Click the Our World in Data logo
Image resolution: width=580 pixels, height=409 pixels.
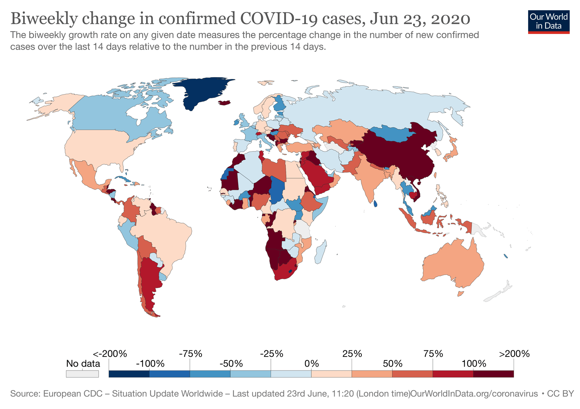548,22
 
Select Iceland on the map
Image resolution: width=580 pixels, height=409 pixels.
225,103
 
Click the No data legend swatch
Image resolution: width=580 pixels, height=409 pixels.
82,373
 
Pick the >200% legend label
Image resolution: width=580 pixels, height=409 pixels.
514,354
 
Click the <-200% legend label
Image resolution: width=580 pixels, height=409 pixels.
110,354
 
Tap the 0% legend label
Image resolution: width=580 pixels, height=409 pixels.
312,363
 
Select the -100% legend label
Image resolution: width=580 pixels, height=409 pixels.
150,363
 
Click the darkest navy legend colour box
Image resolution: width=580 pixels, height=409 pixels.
129,374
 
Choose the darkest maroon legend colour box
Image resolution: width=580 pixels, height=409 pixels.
493,374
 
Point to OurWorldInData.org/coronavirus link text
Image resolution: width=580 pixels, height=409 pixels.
474,394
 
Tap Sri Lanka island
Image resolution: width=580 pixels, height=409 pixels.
375,204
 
